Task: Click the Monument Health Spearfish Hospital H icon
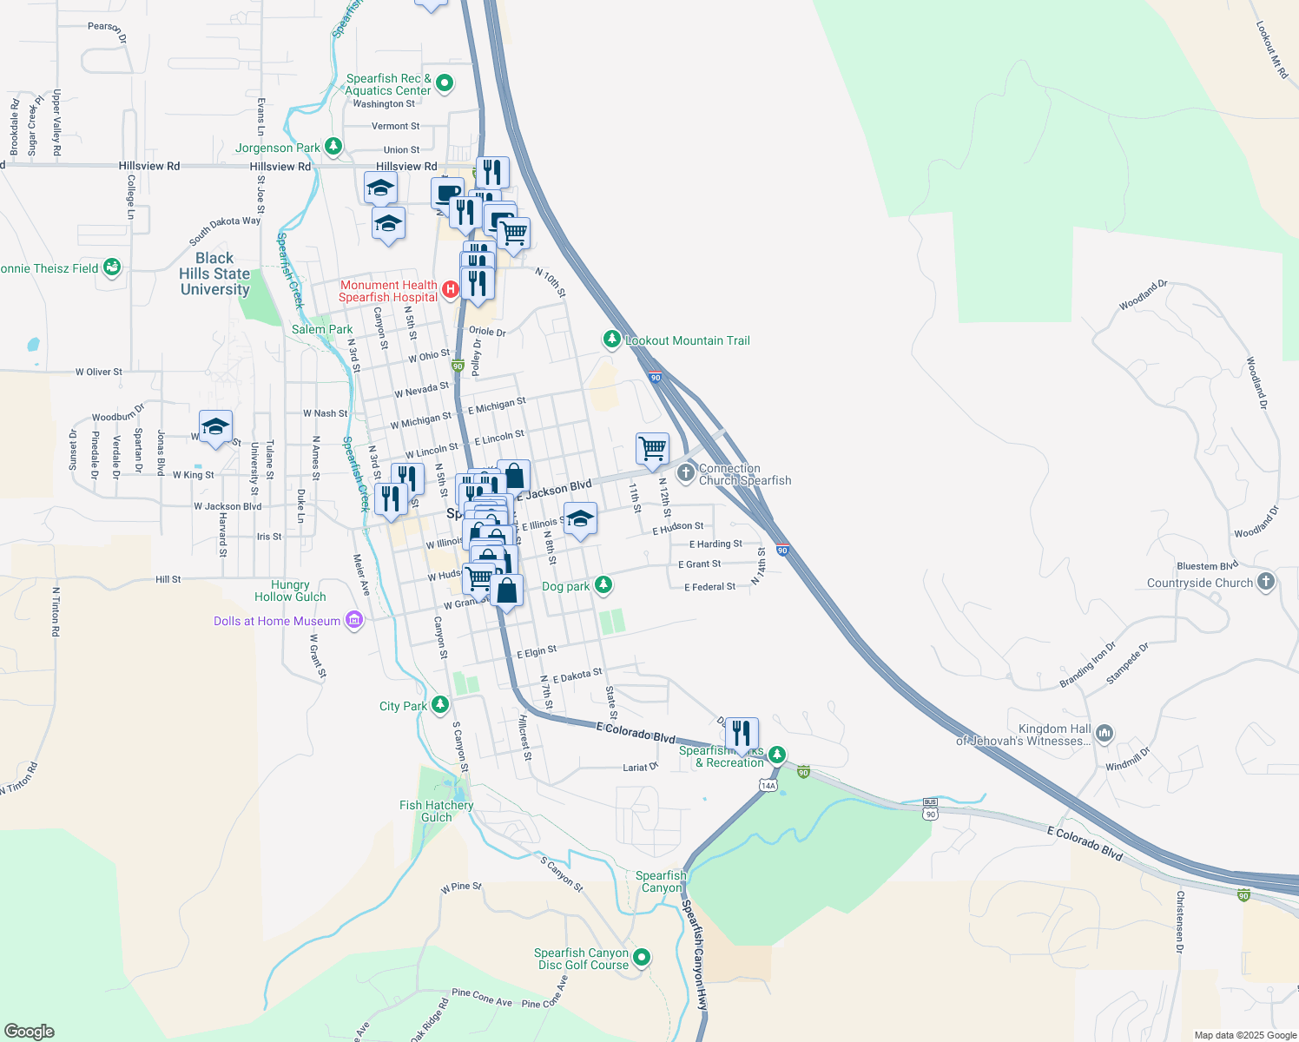click(x=451, y=290)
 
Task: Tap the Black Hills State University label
click(x=214, y=274)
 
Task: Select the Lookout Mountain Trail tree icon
click(x=612, y=340)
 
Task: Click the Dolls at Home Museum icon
click(x=353, y=620)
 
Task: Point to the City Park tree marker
click(x=440, y=705)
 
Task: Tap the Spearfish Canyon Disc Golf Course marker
click(x=642, y=957)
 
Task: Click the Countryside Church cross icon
click(x=1266, y=582)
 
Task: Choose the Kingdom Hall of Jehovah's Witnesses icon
click(x=1104, y=734)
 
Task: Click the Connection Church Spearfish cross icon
click(x=686, y=472)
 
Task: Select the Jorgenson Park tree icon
click(x=333, y=147)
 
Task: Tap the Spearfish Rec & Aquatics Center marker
click(x=445, y=83)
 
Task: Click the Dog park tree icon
click(x=603, y=585)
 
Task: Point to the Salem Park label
click(x=322, y=329)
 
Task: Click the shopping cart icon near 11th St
click(x=652, y=449)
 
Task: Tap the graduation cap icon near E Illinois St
click(x=580, y=518)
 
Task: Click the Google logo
click(x=30, y=1032)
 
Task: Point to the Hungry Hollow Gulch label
click(x=290, y=590)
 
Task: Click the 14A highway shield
click(x=768, y=786)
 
